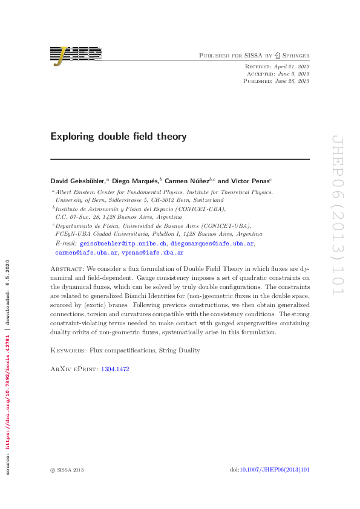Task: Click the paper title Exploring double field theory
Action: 118,137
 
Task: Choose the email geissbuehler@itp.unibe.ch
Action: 123,243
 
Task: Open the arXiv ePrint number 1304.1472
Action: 114,368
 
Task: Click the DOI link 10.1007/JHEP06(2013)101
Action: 275,470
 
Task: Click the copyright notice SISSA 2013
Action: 70,470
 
